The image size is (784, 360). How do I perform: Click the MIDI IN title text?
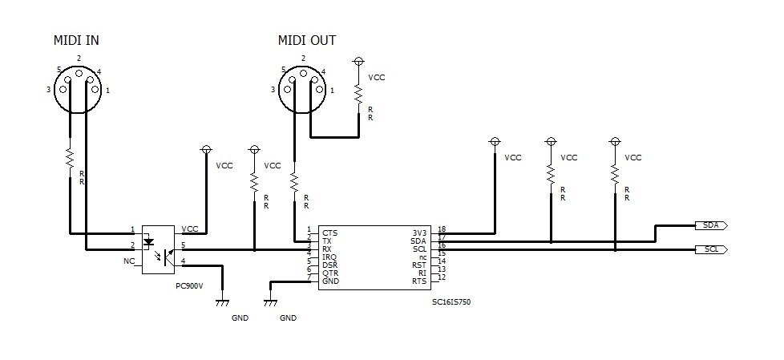(x=76, y=40)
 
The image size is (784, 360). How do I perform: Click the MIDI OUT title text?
(x=306, y=40)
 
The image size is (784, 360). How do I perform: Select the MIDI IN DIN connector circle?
(x=79, y=85)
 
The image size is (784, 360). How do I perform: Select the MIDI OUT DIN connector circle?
(x=303, y=85)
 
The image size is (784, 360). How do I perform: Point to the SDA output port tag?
(x=709, y=225)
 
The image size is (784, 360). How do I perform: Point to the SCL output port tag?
(x=709, y=249)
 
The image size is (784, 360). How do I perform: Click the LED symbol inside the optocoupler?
(x=149, y=241)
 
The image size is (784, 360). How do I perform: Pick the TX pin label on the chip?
(x=328, y=241)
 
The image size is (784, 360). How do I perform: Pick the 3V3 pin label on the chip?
(x=419, y=232)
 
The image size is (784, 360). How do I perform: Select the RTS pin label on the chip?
(x=419, y=281)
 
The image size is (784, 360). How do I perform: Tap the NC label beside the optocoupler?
(x=129, y=261)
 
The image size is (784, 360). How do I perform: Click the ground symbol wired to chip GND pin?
(x=271, y=302)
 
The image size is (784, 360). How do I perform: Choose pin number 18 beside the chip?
(x=442, y=229)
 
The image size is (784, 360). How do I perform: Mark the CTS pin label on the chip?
(x=329, y=233)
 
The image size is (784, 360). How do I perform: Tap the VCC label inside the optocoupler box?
(x=190, y=229)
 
